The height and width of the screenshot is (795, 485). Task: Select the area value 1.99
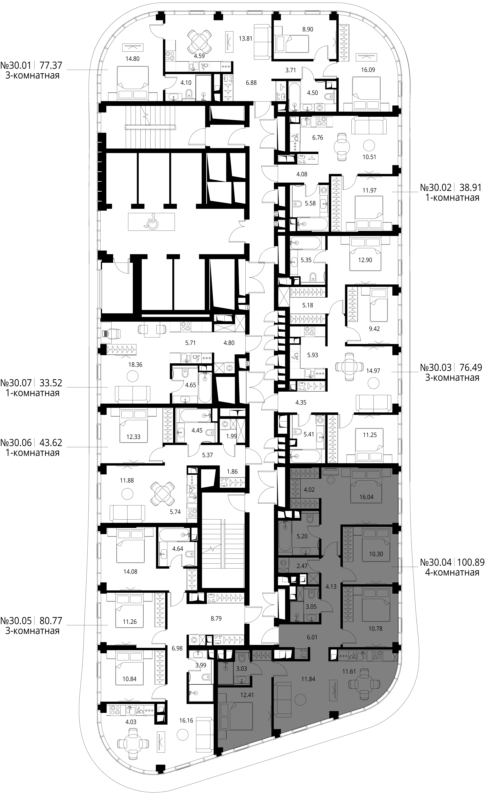(231, 436)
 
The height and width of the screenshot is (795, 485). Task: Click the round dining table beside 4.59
(200, 42)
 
